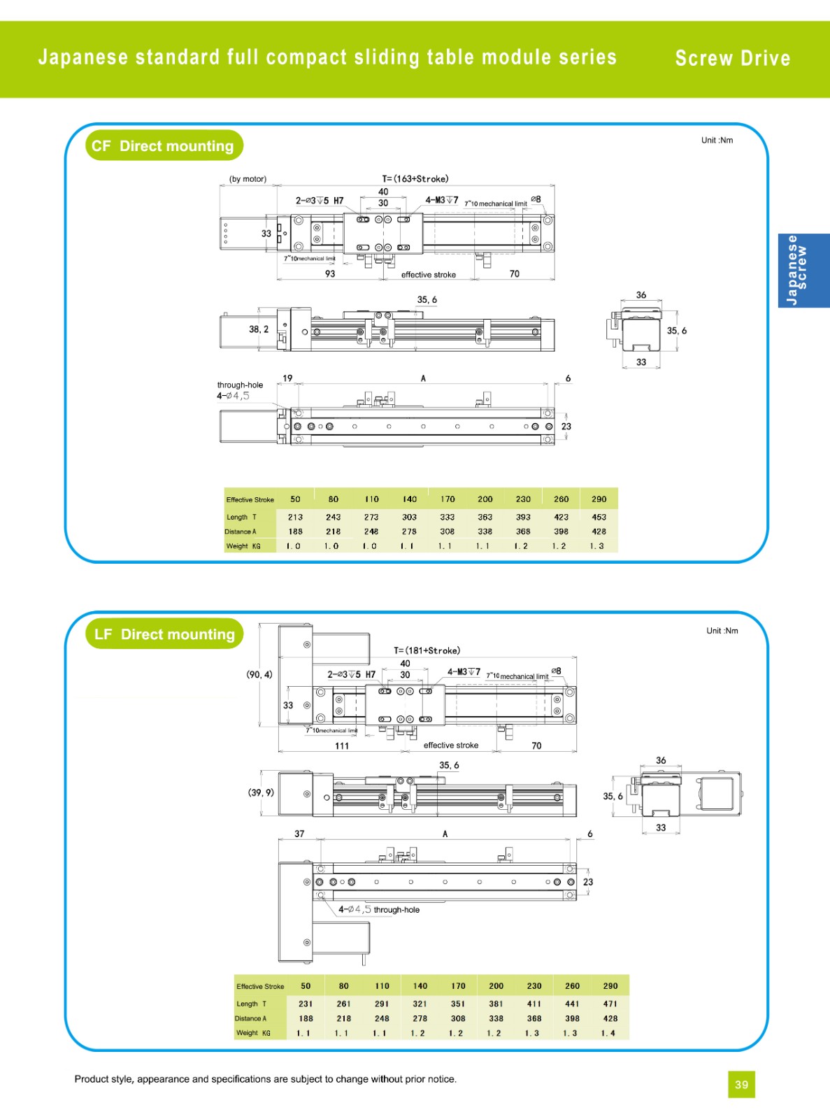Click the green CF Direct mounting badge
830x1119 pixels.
point(164,145)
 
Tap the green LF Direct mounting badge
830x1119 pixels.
point(165,634)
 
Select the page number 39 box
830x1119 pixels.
point(741,1085)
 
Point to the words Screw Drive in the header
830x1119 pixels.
point(732,58)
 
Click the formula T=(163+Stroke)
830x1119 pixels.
point(415,179)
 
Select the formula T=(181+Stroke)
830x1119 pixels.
point(427,650)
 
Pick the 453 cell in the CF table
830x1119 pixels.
point(599,518)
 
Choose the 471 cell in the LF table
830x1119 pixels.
point(610,1004)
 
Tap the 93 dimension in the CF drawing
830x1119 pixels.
point(330,274)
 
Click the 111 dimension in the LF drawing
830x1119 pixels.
point(342,746)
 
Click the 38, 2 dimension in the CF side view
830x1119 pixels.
point(259,329)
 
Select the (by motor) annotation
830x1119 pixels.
point(248,179)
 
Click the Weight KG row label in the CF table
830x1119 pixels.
point(243,546)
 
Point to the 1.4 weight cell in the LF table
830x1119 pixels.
point(608,1033)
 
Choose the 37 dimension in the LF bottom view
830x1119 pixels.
point(299,834)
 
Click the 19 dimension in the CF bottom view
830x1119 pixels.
point(287,378)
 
